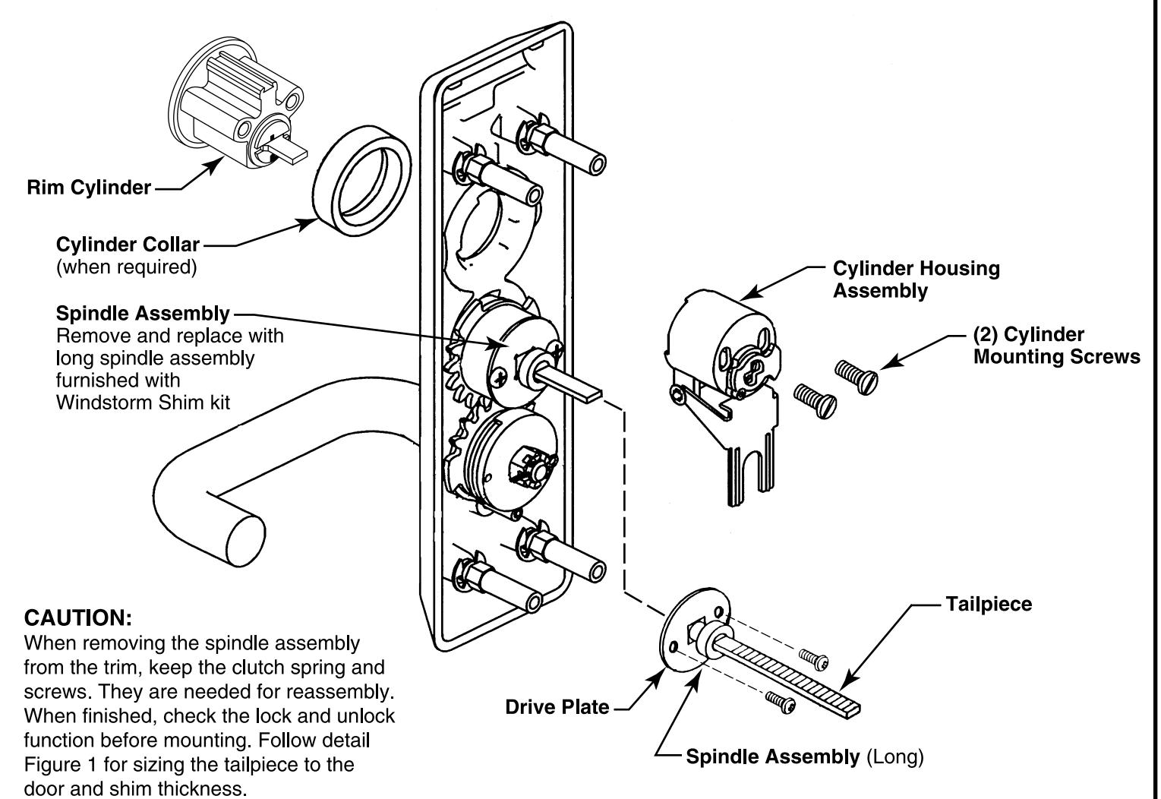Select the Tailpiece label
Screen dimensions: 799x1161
click(989, 604)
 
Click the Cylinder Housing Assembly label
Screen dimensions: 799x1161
click(916, 279)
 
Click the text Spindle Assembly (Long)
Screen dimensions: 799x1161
click(805, 756)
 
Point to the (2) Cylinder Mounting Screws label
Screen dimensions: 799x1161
click(1055, 346)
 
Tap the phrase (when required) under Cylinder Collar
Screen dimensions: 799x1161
click(126, 267)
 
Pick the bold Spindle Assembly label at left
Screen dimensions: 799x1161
click(143, 313)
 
